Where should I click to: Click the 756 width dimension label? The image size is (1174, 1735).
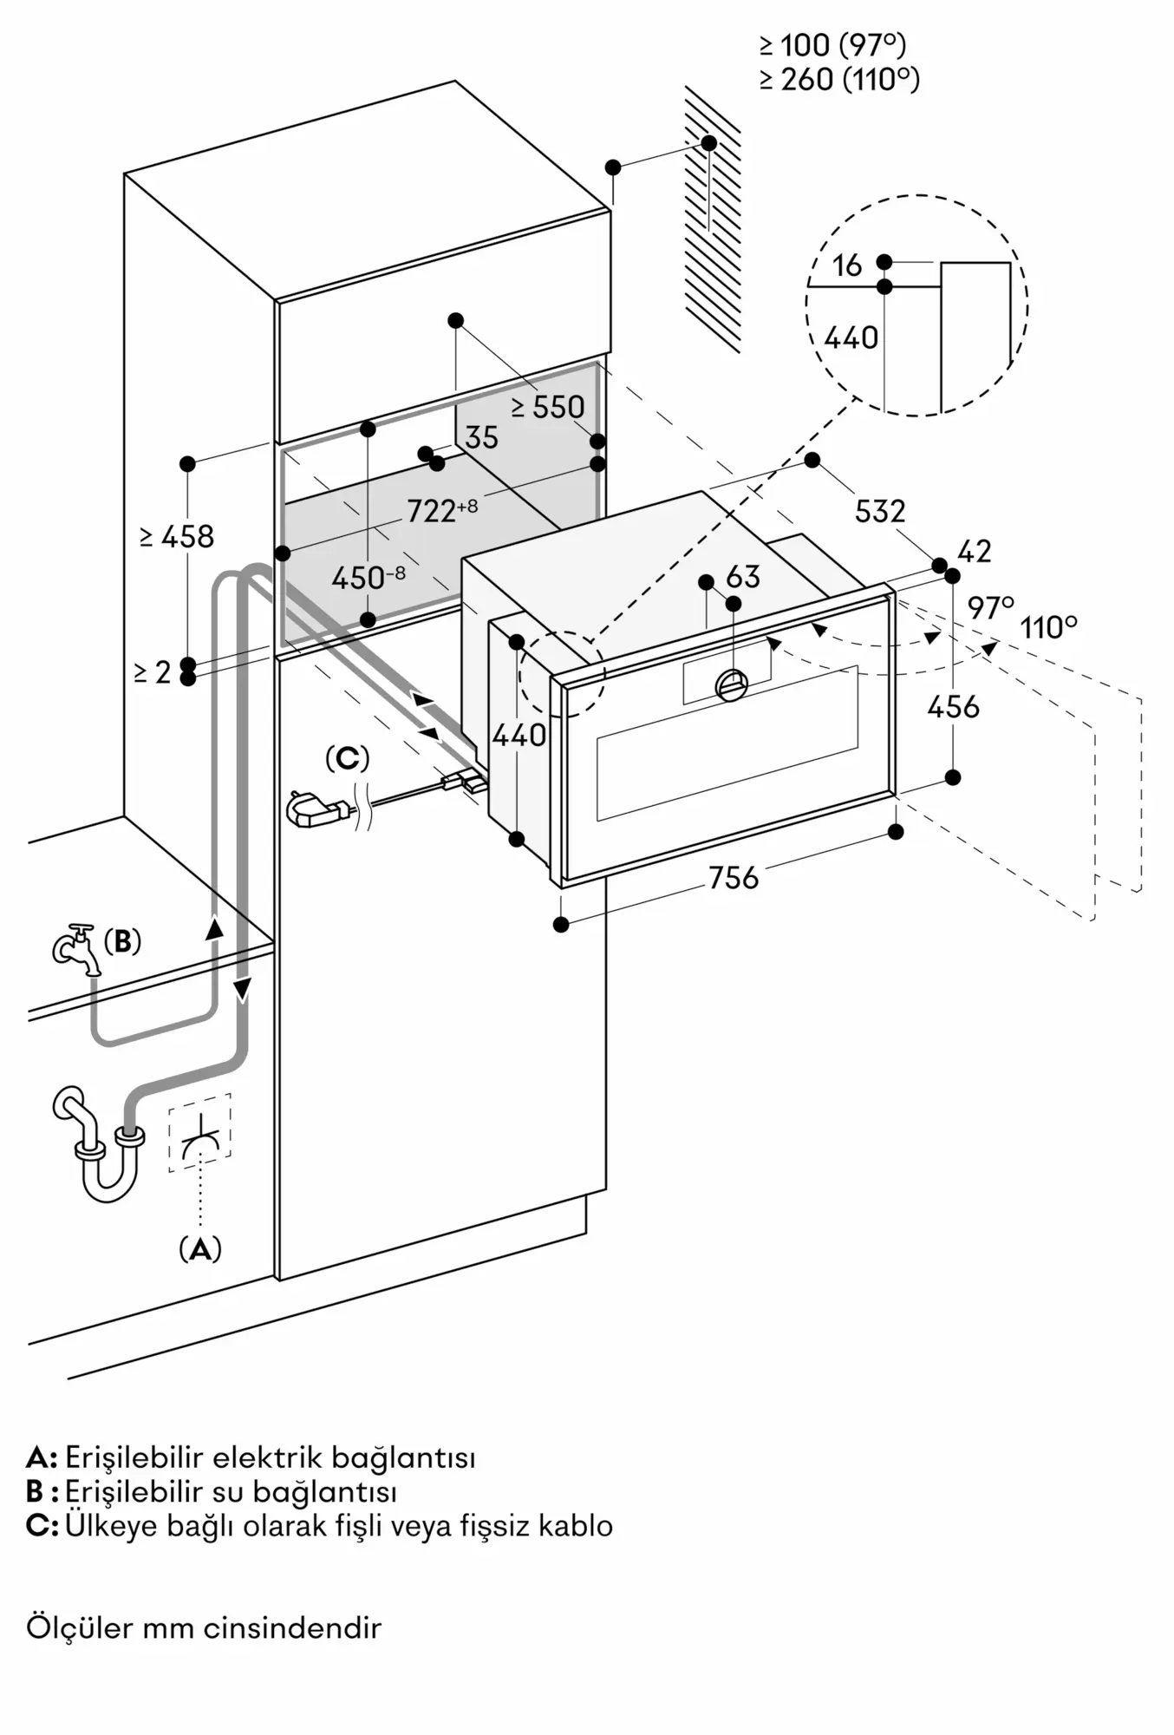[x=734, y=878]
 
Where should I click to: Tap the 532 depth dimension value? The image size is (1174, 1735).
[x=880, y=511]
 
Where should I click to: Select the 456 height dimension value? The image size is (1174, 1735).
[x=953, y=707]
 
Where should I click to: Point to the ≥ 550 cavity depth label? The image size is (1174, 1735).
[x=548, y=407]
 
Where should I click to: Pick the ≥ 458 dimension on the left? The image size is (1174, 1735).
[x=177, y=537]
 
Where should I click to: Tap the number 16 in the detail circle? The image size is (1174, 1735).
[x=847, y=265]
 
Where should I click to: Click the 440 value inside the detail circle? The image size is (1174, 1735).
[x=851, y=337]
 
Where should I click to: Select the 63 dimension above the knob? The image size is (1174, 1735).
[x=743, y=577]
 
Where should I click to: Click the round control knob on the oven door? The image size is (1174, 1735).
[x=732, y=685]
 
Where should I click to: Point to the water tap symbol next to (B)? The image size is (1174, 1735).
[x=76, y=948]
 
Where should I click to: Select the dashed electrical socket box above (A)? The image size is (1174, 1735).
[x=200, y=1132]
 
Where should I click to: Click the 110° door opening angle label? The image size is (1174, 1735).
[x=1049, y=626]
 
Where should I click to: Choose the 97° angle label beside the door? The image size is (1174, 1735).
[x=991, y=607]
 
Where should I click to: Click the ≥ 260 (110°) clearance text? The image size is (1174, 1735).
[x=839, y=80]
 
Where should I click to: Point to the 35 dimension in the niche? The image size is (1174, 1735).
[x=482, y=438]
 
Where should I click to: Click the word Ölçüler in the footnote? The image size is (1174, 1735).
[x=79, y=1627]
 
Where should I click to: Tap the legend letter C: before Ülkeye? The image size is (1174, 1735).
[x=42, y=1524]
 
